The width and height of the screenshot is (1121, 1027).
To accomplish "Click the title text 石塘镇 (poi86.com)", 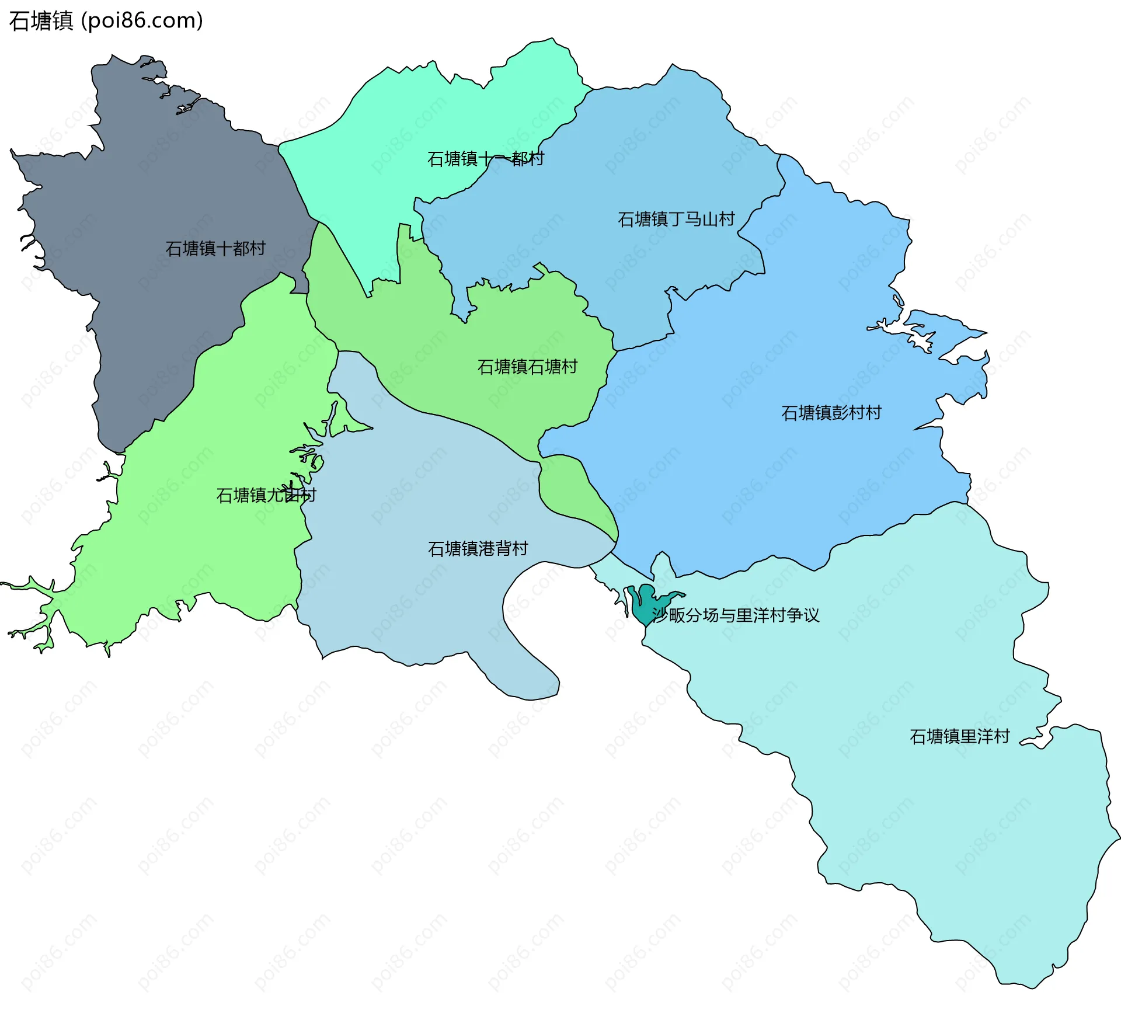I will (106, 21).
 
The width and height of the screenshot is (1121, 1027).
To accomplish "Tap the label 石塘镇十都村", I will (215, 249).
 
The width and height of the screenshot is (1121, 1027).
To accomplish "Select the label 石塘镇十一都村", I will (486, 159).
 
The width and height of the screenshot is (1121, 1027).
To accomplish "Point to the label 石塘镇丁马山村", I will (676, 220).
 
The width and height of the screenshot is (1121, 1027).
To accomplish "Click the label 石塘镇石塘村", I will (527, 367).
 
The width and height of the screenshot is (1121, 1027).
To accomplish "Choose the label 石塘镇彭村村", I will (831, 413).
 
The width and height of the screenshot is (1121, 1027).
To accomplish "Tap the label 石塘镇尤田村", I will (266, 495).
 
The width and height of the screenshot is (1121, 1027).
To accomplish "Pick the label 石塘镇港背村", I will (478, 549).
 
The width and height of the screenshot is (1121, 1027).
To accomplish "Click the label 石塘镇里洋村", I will (960, 736).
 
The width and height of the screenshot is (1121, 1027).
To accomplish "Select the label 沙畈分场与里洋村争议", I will (736, 615).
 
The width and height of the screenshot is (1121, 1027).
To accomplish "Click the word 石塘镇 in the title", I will (41, 21).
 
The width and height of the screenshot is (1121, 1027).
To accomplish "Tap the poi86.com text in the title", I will (142, 21).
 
